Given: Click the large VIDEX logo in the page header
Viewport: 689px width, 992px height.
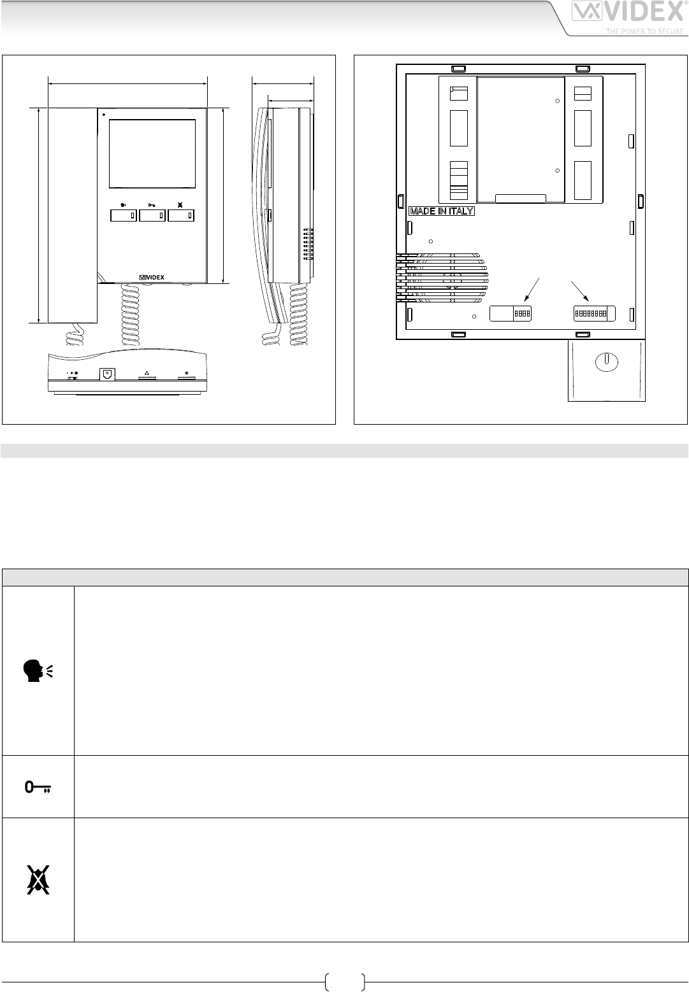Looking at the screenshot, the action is pos(627,11).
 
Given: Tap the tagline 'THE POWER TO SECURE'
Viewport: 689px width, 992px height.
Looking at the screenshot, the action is pos(644,31).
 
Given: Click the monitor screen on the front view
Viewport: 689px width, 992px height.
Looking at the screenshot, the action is pos(152,153).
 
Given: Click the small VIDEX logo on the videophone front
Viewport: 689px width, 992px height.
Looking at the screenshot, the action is pos(152,277).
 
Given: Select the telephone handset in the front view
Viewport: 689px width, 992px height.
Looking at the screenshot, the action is pos(72,215).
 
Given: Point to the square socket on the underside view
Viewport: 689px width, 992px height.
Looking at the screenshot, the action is pos(107,374).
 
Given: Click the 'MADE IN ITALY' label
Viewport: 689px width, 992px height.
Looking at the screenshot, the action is pos(442,211).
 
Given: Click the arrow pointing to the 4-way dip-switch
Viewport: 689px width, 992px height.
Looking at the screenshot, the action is pos(532,290).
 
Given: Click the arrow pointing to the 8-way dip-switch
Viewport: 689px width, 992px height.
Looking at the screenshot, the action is pos(580,292).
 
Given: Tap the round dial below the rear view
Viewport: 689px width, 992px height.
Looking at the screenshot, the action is pos(607,362).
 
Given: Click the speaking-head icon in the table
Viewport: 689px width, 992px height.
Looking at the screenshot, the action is pos(38,671).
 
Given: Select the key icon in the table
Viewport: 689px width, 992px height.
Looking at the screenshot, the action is pos(38,787).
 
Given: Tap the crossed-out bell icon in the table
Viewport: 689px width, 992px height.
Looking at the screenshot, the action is pos(38,879).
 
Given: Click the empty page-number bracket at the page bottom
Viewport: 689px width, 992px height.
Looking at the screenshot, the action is pos(345,982).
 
